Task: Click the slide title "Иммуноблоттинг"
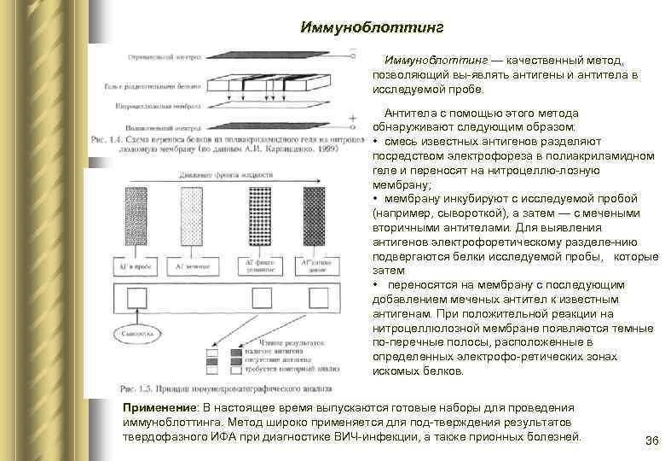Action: pyautogui.click(x=372, y=27)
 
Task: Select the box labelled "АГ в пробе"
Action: pyautogui.click(x=138, y=266)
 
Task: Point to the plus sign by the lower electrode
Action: pyautogui.click(x=352, y=119)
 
